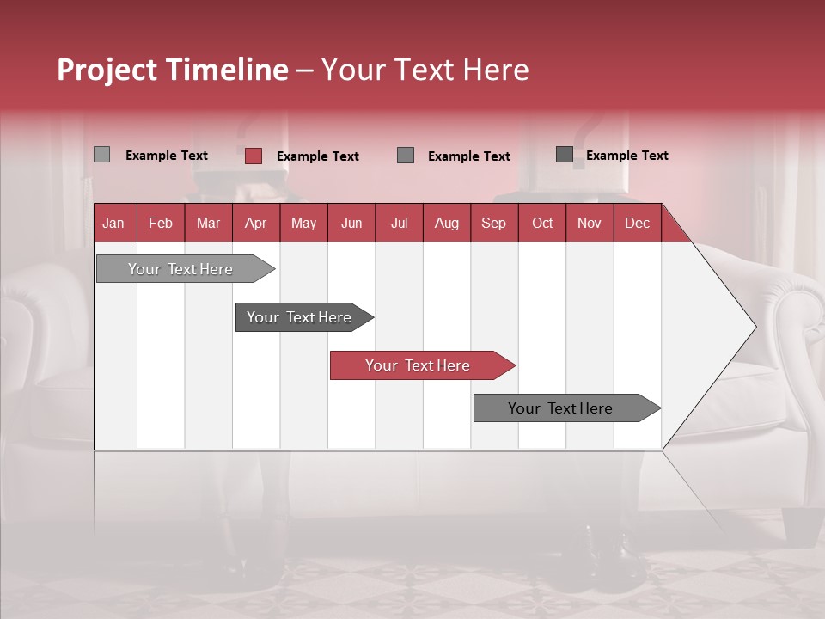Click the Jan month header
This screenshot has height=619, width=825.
[113, 223]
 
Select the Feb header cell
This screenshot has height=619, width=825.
[161, 223]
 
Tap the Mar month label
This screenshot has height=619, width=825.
[208, 223]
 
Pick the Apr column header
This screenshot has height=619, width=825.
[255, 223]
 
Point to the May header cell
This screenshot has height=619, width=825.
[303, 223]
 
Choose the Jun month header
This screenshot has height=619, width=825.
[351, 223]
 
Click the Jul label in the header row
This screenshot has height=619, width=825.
[399, 223]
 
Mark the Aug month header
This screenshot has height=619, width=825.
[446, 223]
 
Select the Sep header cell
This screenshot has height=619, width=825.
[493, 223]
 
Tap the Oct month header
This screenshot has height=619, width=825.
[542, 223]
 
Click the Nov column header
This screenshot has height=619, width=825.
[590, 223]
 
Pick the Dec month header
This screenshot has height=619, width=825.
[637, 223]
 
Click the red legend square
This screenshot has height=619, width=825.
[254, 156]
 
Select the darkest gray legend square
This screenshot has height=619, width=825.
[565, 155]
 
